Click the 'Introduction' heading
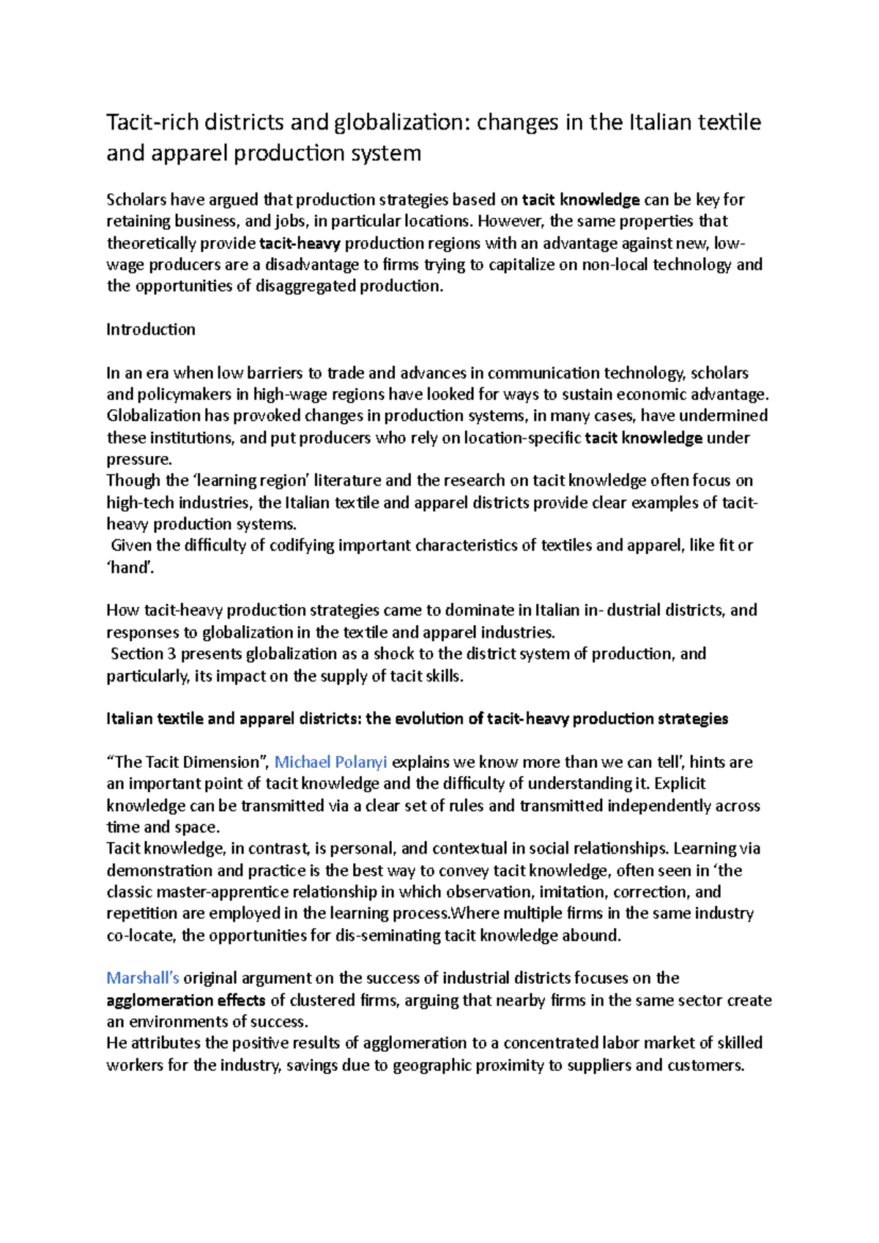(x=150, y=329)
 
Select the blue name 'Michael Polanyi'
(x=330, y=762)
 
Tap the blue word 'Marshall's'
(x=143, y=978)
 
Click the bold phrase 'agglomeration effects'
(x=185, y=1000)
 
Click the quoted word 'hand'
(x=130, y=567)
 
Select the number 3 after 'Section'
(x=172, y=654)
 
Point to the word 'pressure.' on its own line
(x=138, y=459)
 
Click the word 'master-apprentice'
(x=221, y=892)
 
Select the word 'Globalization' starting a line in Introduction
(x=153, y=416)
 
